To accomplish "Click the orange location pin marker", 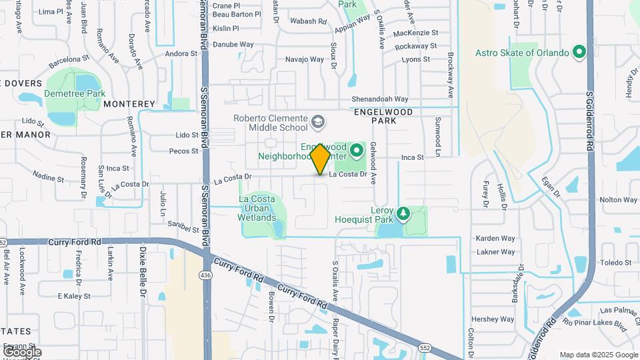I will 321,158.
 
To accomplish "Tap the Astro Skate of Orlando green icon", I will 579,52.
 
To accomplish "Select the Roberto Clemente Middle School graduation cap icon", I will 318,121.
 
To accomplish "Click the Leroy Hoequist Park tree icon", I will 402,213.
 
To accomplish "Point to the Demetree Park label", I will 75,93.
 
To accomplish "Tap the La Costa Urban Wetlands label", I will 257,208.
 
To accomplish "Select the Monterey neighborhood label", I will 129,104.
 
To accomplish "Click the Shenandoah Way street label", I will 380,99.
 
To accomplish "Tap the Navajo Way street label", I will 305,59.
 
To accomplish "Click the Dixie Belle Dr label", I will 143,271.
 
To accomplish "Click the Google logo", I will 22,352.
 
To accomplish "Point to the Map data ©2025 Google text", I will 598,355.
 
